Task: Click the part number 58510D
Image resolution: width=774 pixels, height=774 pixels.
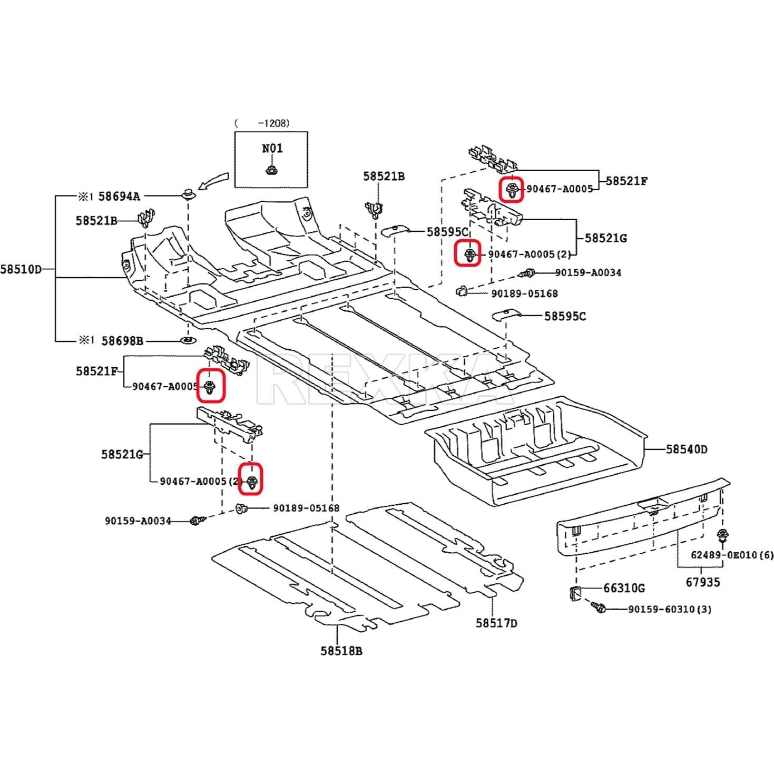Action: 21,269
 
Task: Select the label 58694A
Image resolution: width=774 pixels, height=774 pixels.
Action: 120,197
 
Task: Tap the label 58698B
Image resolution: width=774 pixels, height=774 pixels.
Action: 122,341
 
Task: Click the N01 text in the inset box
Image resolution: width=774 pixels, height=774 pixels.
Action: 272,148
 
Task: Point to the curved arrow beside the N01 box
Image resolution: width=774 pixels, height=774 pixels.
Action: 213,182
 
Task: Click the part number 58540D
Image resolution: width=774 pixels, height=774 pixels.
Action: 687,449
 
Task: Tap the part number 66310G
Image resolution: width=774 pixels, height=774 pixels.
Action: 624,587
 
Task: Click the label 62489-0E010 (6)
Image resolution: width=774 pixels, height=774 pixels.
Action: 732,555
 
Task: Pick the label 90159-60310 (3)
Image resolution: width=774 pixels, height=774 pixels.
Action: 669,609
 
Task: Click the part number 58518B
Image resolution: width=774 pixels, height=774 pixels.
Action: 341,651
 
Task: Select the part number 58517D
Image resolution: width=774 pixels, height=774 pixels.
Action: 496,623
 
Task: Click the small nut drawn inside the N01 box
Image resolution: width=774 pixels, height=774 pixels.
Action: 271,170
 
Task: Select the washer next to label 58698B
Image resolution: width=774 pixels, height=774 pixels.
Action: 188,340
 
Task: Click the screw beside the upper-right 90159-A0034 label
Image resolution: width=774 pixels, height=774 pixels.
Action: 528,273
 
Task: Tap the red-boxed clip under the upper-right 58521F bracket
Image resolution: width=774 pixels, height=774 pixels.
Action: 511,190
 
